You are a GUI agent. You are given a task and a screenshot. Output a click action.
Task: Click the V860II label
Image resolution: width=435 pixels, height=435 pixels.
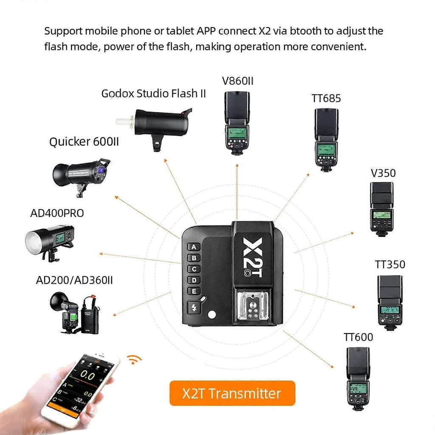point(237,81)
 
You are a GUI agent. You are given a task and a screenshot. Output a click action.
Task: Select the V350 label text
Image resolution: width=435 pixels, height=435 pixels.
point(383,173)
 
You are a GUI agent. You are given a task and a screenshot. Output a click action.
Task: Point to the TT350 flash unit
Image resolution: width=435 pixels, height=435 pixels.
point(390,302)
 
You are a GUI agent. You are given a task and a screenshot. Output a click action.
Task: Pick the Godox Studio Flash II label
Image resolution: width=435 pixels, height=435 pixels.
point(153,93)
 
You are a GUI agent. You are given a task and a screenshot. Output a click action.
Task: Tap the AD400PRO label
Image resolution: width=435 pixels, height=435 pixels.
point(57,213)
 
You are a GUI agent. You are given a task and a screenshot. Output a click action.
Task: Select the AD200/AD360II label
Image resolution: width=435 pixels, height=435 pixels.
point(74,280)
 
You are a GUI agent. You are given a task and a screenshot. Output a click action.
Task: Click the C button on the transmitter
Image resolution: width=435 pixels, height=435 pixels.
point(194,269)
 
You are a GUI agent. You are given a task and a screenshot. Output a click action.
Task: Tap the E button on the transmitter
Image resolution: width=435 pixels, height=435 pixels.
point(194,291)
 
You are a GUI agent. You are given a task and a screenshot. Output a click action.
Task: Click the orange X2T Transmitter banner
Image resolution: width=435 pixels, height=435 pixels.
point(232,393)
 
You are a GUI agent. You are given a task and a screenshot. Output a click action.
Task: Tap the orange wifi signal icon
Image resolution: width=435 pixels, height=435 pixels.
point(135,360)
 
